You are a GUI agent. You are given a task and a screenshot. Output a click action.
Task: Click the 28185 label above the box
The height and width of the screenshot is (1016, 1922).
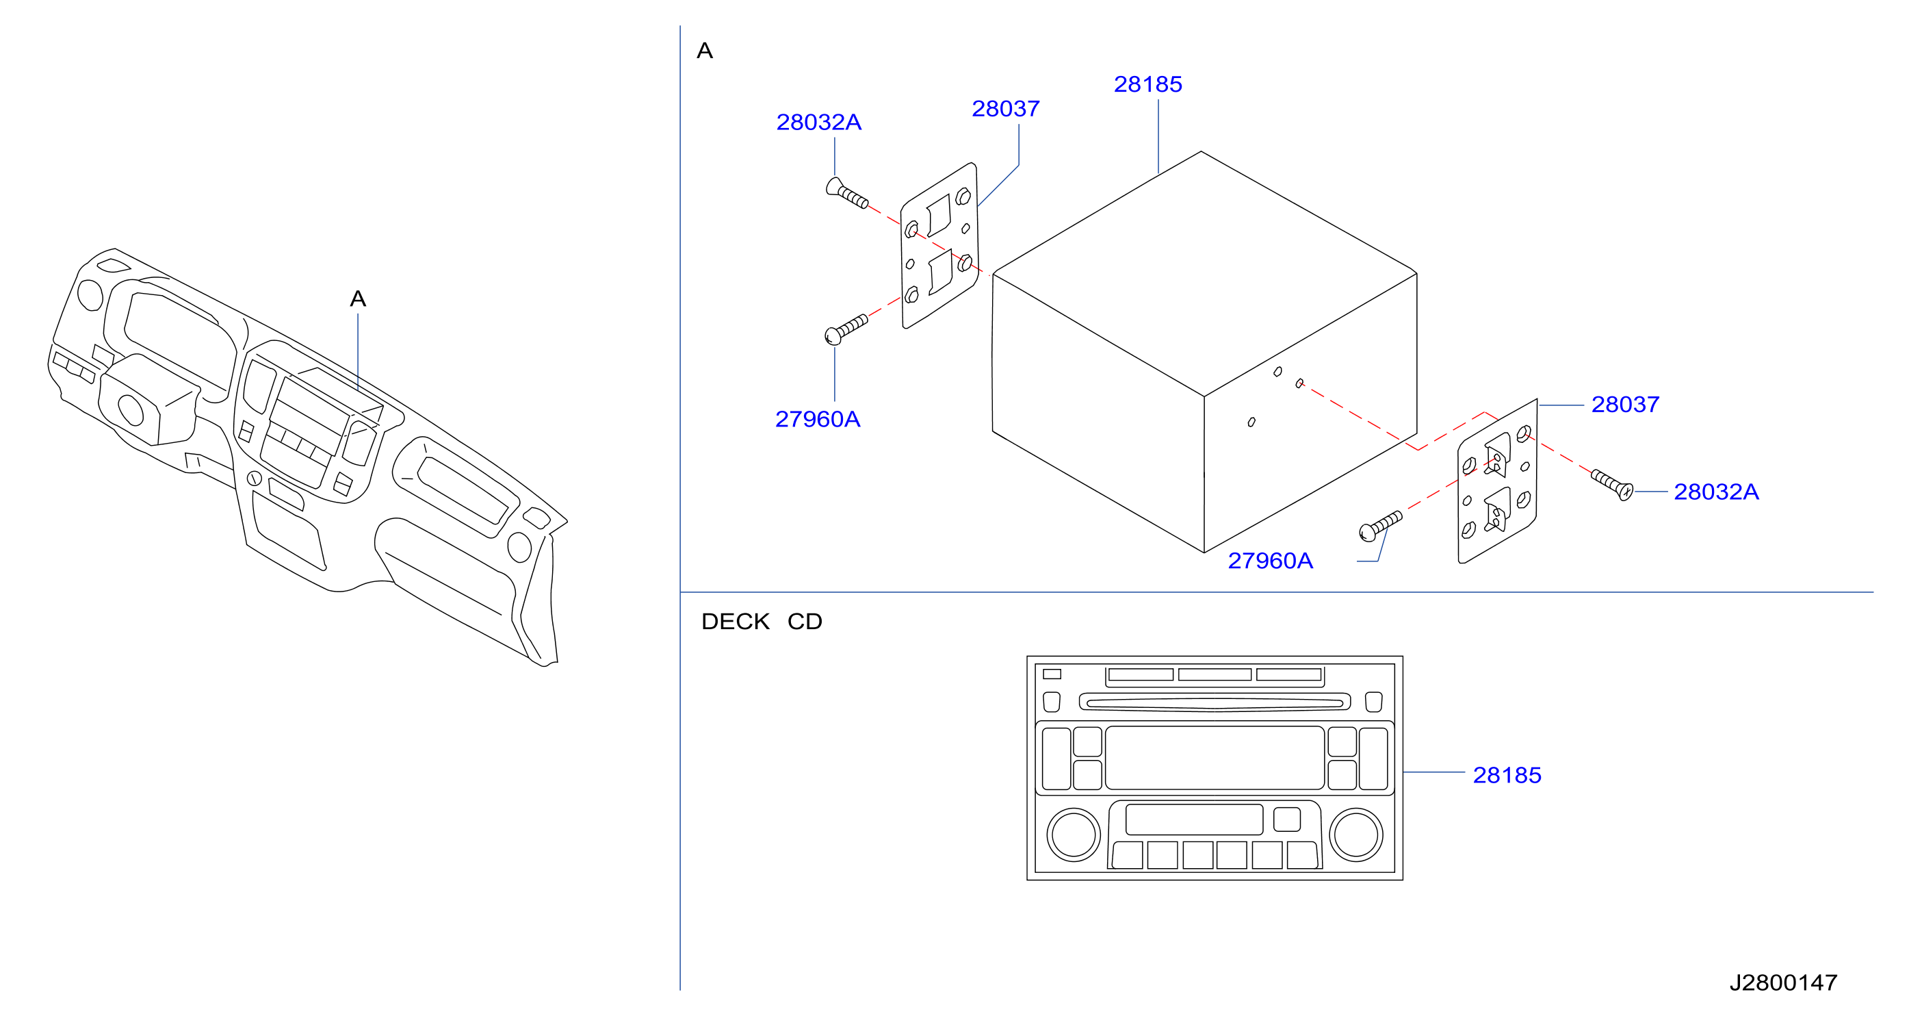pos(1147,84)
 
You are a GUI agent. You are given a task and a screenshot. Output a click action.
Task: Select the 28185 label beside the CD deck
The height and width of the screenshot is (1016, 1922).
pos(1507,775)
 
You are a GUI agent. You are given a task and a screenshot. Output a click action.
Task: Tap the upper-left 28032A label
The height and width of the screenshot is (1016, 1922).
pos(818,122)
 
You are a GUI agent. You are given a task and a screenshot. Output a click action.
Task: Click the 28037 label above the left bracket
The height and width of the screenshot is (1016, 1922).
pos(1005,109)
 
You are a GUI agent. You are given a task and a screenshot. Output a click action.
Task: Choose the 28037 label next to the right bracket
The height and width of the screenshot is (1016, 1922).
pos(1625,404)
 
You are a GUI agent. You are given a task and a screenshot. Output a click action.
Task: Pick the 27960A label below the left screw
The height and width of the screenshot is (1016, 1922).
pos(818,419)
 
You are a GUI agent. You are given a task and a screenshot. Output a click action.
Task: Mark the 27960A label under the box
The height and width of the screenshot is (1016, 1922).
pos(1270,561)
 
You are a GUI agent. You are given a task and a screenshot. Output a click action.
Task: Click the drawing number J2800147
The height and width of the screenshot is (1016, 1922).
pos(1783,982)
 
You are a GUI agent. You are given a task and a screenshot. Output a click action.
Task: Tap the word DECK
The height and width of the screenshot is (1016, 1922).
pos(735,621)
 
